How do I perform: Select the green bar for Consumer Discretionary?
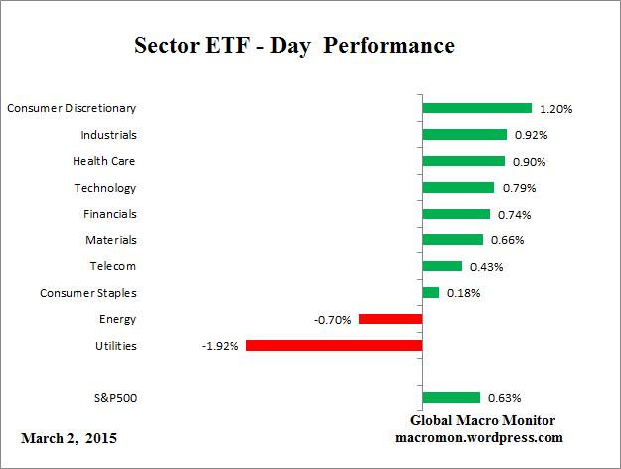point(477,108)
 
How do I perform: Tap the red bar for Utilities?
point(335,346)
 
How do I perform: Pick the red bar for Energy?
point(390,319)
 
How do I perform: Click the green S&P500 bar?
point(451,398)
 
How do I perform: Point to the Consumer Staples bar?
point(431,293)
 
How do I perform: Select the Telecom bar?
point(442,266)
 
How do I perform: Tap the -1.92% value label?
point(221,346)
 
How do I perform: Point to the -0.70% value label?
point(332,319)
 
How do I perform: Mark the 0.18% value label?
point(461,293)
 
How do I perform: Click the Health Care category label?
point(103,161)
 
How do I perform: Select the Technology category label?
point(104,188)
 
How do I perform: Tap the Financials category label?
point(109,214)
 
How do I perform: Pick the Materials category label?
point(110,240)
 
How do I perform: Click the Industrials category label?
point(108,134)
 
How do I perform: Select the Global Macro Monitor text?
point(483,420)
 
